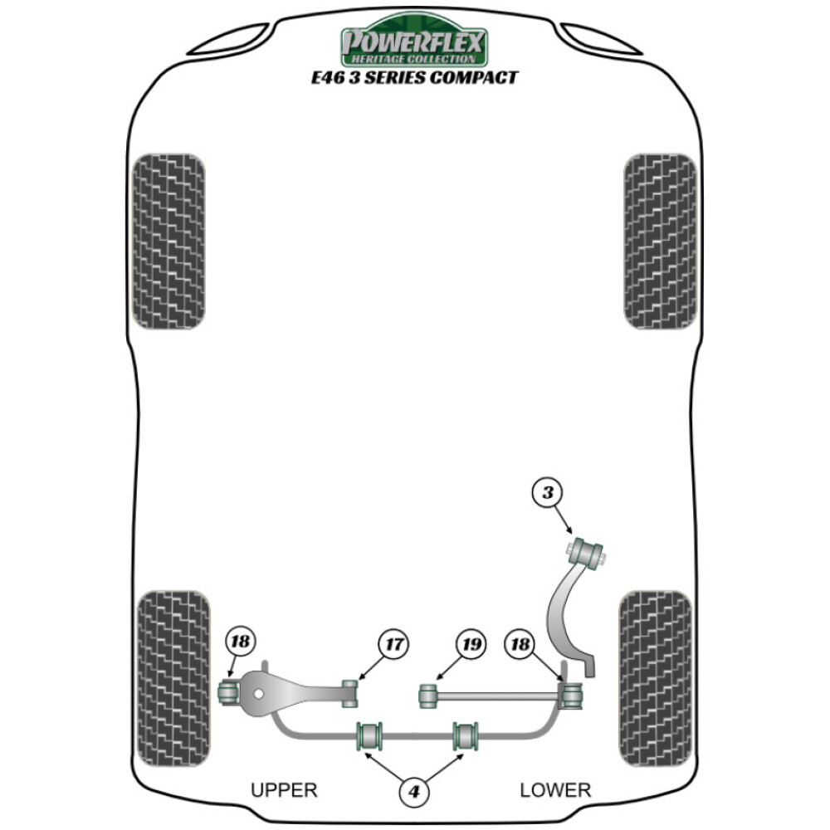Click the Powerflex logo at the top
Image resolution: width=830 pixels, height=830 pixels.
(414, 44)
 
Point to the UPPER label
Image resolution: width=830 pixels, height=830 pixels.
(284, 790)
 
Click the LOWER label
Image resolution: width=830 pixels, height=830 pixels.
(555, 790)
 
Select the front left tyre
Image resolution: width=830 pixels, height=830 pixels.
(168, 241)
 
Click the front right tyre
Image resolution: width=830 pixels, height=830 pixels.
(660, 241)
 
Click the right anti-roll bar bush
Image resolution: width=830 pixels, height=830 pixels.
(466, 735)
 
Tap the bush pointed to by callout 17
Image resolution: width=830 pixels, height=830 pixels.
(351, 692)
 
